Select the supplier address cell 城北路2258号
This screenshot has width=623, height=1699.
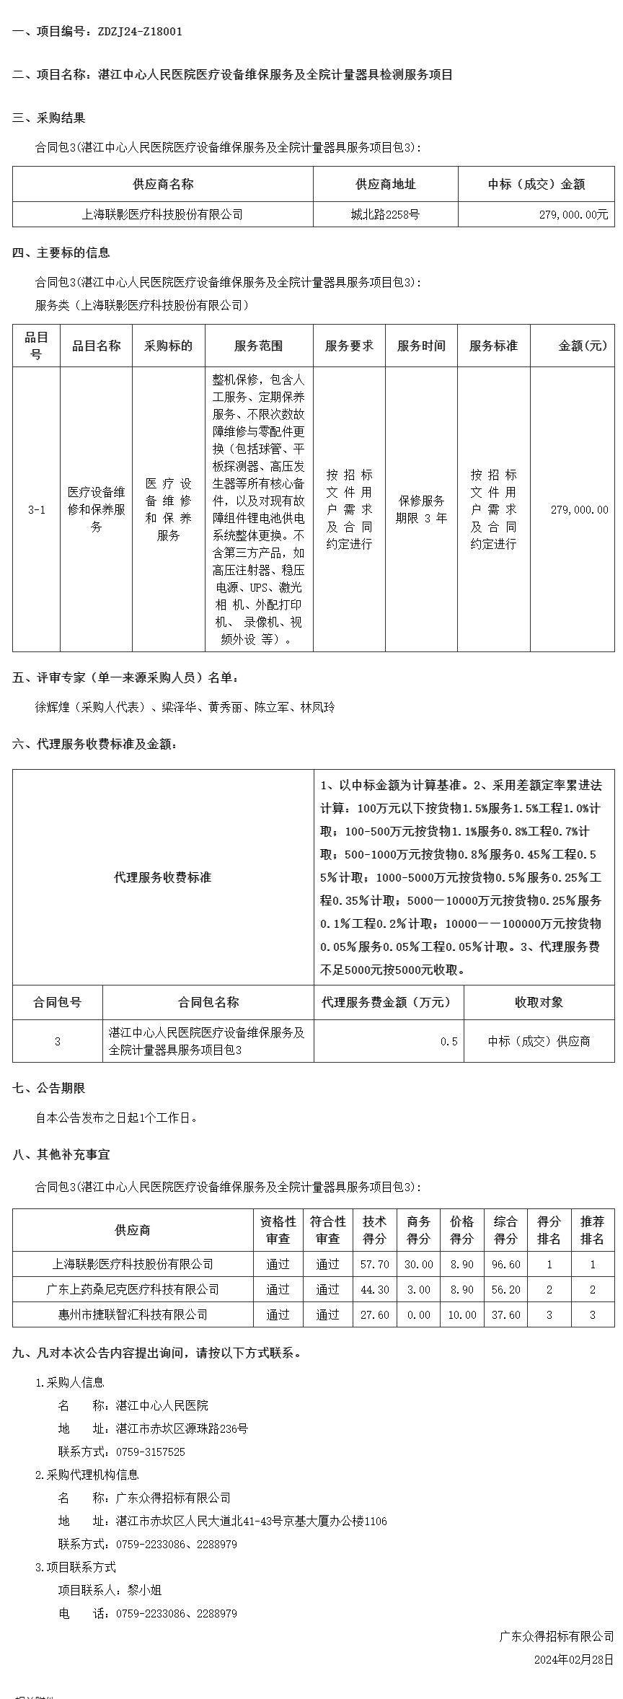point(385,214)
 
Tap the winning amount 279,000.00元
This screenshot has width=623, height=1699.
point(573,214)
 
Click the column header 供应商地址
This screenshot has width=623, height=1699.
point(385,184)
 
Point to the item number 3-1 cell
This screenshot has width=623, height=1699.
point(36,509)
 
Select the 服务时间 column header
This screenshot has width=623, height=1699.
point(421,346)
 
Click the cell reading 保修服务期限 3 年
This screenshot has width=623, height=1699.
point(421,509)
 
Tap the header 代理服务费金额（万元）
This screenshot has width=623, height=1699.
point(388,1002)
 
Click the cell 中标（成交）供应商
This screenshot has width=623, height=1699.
point(539,1041)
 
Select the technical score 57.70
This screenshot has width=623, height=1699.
point(375,1264)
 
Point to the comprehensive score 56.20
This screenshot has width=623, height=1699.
point(505,1289)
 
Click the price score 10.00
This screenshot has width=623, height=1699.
point(462,1314)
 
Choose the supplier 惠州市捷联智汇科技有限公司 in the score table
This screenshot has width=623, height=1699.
point(133,1314)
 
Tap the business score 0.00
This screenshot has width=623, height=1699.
point(418,1314)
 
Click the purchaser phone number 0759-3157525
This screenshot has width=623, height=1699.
point(150,1452)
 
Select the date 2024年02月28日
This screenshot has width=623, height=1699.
point(573,1659)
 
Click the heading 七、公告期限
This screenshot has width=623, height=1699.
point(49,1088)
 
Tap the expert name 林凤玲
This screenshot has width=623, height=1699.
point(317,707)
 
